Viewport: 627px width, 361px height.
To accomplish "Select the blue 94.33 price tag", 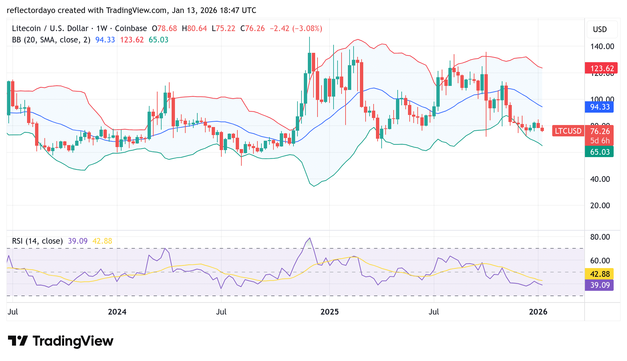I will (600, 107).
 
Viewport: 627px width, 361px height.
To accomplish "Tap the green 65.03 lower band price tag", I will (600, 152).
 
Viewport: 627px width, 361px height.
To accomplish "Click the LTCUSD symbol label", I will (568, 131).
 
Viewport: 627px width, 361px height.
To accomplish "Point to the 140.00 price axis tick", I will (602, 46).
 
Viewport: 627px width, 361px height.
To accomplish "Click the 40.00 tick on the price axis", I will (600, 179).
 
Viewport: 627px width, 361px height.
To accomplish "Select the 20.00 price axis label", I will (600, 206).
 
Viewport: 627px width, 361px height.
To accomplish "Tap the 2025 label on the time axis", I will (329, 312).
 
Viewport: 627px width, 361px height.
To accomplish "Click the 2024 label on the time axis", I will (117, 312).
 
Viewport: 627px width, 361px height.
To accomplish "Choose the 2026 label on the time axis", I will (538, 312).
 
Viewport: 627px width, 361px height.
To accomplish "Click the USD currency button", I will (600, 29).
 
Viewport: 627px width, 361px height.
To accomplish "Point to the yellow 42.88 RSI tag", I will (600, 274).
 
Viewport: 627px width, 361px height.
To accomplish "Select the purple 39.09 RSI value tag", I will (600, 285).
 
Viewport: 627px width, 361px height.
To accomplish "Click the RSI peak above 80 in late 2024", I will (310, 238).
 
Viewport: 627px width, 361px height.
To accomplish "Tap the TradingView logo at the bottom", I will (60, 341).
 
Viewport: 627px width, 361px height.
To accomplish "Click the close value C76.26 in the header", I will (252, 28).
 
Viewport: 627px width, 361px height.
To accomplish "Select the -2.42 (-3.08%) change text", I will (296, 28).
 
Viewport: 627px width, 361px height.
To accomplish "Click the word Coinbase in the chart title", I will (131, 28).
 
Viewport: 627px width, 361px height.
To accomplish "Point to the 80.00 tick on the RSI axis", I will (600, 237).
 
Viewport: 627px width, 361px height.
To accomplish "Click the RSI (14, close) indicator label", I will (37, 241).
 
